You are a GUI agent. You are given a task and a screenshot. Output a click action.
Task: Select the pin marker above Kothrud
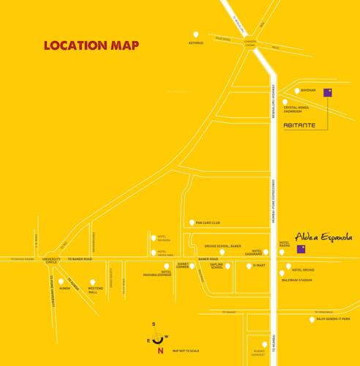[x=195, y=34]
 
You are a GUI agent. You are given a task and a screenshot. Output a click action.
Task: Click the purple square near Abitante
[x=328, y=92]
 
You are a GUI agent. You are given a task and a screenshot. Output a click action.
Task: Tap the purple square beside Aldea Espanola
[x=301, y=249]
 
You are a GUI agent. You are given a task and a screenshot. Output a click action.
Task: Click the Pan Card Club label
[x=208, y=223]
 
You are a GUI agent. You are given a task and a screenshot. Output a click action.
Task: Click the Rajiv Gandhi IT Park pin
[x=312, y=319]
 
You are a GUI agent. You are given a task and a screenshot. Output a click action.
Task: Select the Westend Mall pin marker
[x=93, y=283]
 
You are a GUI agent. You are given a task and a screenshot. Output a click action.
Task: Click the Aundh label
[x=64, y=288]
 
